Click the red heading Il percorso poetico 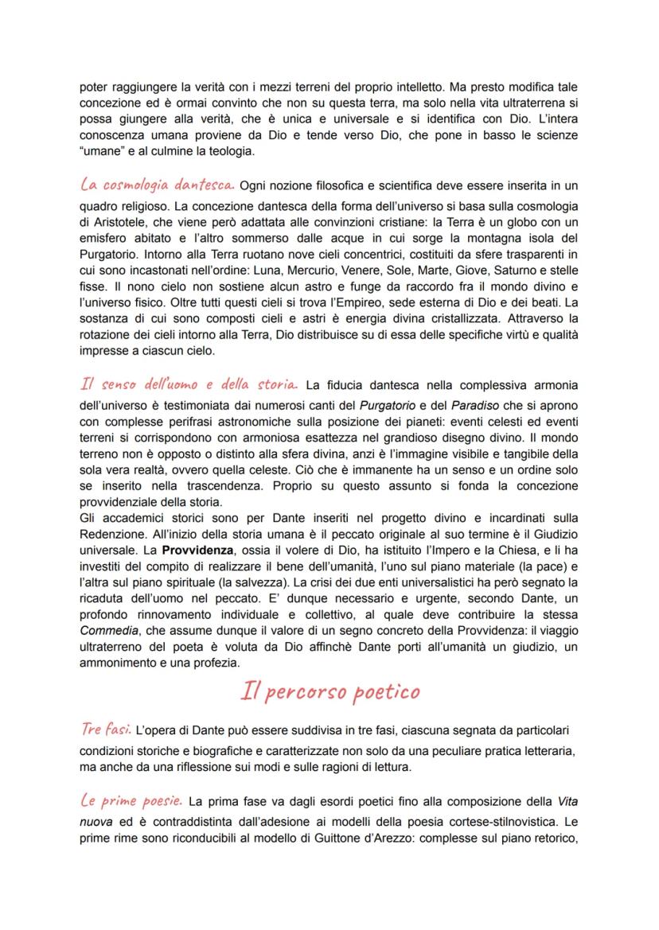tap(330, 691)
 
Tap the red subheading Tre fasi tap(106, 729)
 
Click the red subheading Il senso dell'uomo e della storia tap(189, 384)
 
